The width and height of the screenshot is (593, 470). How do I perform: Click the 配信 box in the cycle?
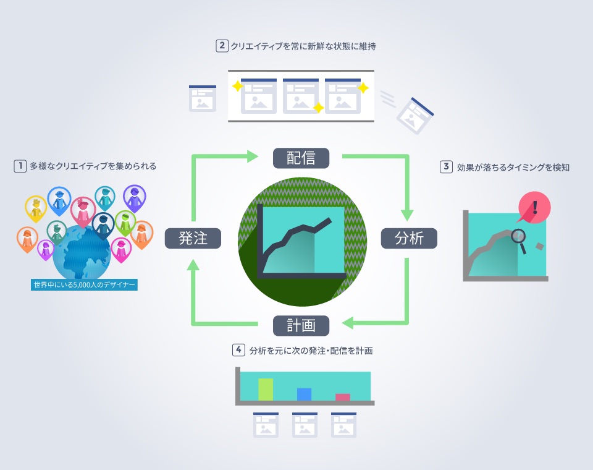point(301,158)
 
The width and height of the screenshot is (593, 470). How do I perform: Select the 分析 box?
point(409,238)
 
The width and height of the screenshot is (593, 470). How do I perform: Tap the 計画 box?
point(301,326)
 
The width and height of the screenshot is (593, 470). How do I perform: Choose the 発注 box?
point(193,238)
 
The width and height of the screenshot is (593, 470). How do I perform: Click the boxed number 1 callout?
point(20,166)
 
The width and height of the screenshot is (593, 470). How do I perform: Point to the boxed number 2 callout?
point(222,46)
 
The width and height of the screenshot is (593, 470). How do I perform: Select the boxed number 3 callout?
point(446,166)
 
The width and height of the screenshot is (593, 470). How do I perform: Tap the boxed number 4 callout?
point(238,349)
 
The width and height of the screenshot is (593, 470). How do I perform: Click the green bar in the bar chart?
point(266,390)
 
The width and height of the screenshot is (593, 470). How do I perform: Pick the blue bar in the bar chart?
point(304,395)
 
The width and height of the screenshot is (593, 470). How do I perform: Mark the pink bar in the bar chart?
point(343,397)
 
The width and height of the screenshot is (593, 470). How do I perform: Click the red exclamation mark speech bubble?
point(534,208)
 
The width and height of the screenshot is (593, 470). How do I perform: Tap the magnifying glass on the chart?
point(519,241)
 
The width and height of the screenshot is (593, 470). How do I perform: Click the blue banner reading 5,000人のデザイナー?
point(84,285)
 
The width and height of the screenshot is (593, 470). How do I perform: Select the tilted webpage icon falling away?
point(415,116)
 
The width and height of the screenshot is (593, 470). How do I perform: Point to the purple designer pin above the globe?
point(134,198)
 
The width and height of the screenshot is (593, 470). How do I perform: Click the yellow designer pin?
point(36,208)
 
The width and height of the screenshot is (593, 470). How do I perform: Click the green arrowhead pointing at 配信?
point(253,156)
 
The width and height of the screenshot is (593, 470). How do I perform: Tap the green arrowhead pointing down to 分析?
point(407,215)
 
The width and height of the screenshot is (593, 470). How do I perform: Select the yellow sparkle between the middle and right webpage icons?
point(319,108)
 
